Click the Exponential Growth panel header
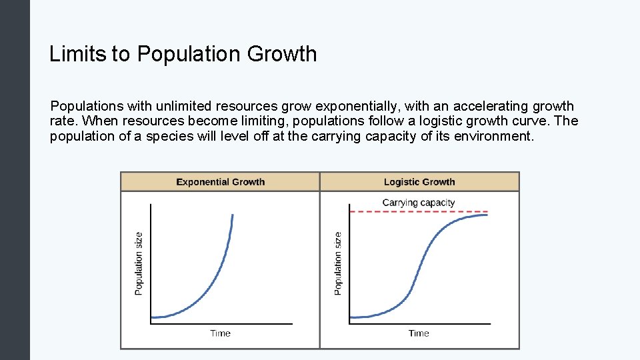pyautogui.click(x=220, y=182)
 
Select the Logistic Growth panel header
pyautogui.click(x=419, y=182)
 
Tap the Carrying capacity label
pyautogui.click(x=419, y=203)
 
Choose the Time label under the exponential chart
pyautogui.click(x=220, y=333)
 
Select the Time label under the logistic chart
pyautogui.click(x=419, y=333)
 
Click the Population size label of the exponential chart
pyautogui.click(x=139, y=263)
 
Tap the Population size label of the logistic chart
pyautogui.click(x=338, y=263)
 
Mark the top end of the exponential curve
pyautogui.click(x=233, y=215)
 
